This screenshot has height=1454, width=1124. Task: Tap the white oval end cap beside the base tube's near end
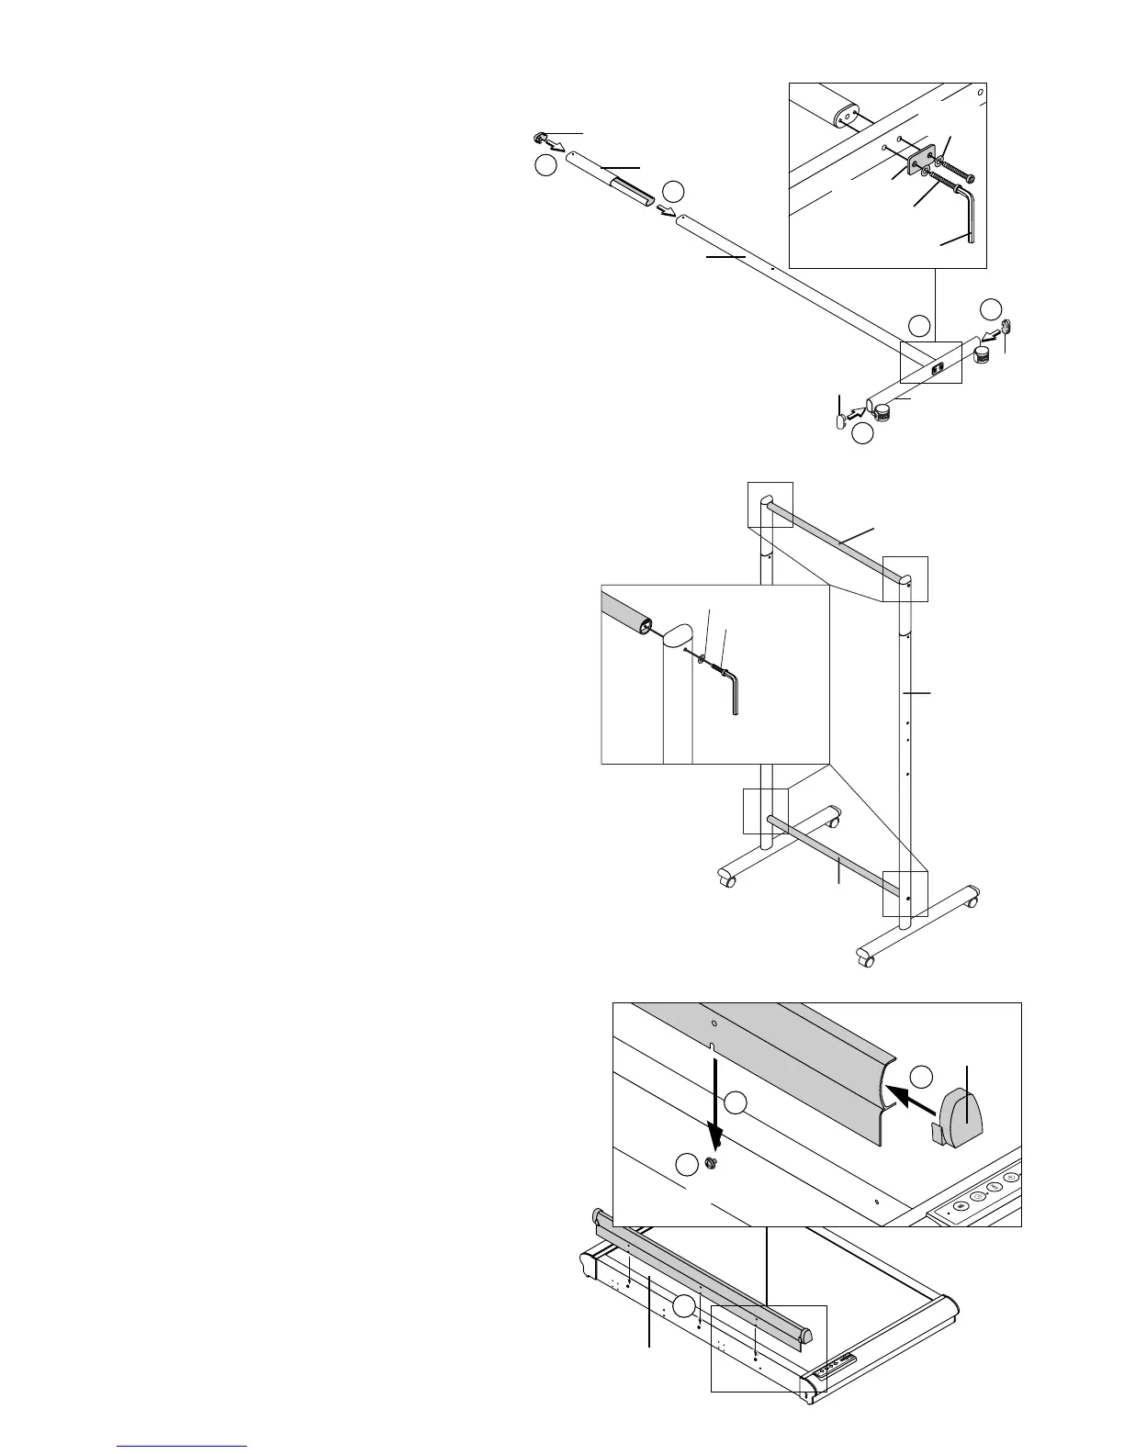[x=840, y=420]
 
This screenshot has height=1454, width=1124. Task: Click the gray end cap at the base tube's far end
[x=1006, y=326]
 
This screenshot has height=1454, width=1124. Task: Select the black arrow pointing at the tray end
[x=909, y=1095]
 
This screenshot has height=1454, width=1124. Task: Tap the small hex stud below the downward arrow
[x=709, y=1163]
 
